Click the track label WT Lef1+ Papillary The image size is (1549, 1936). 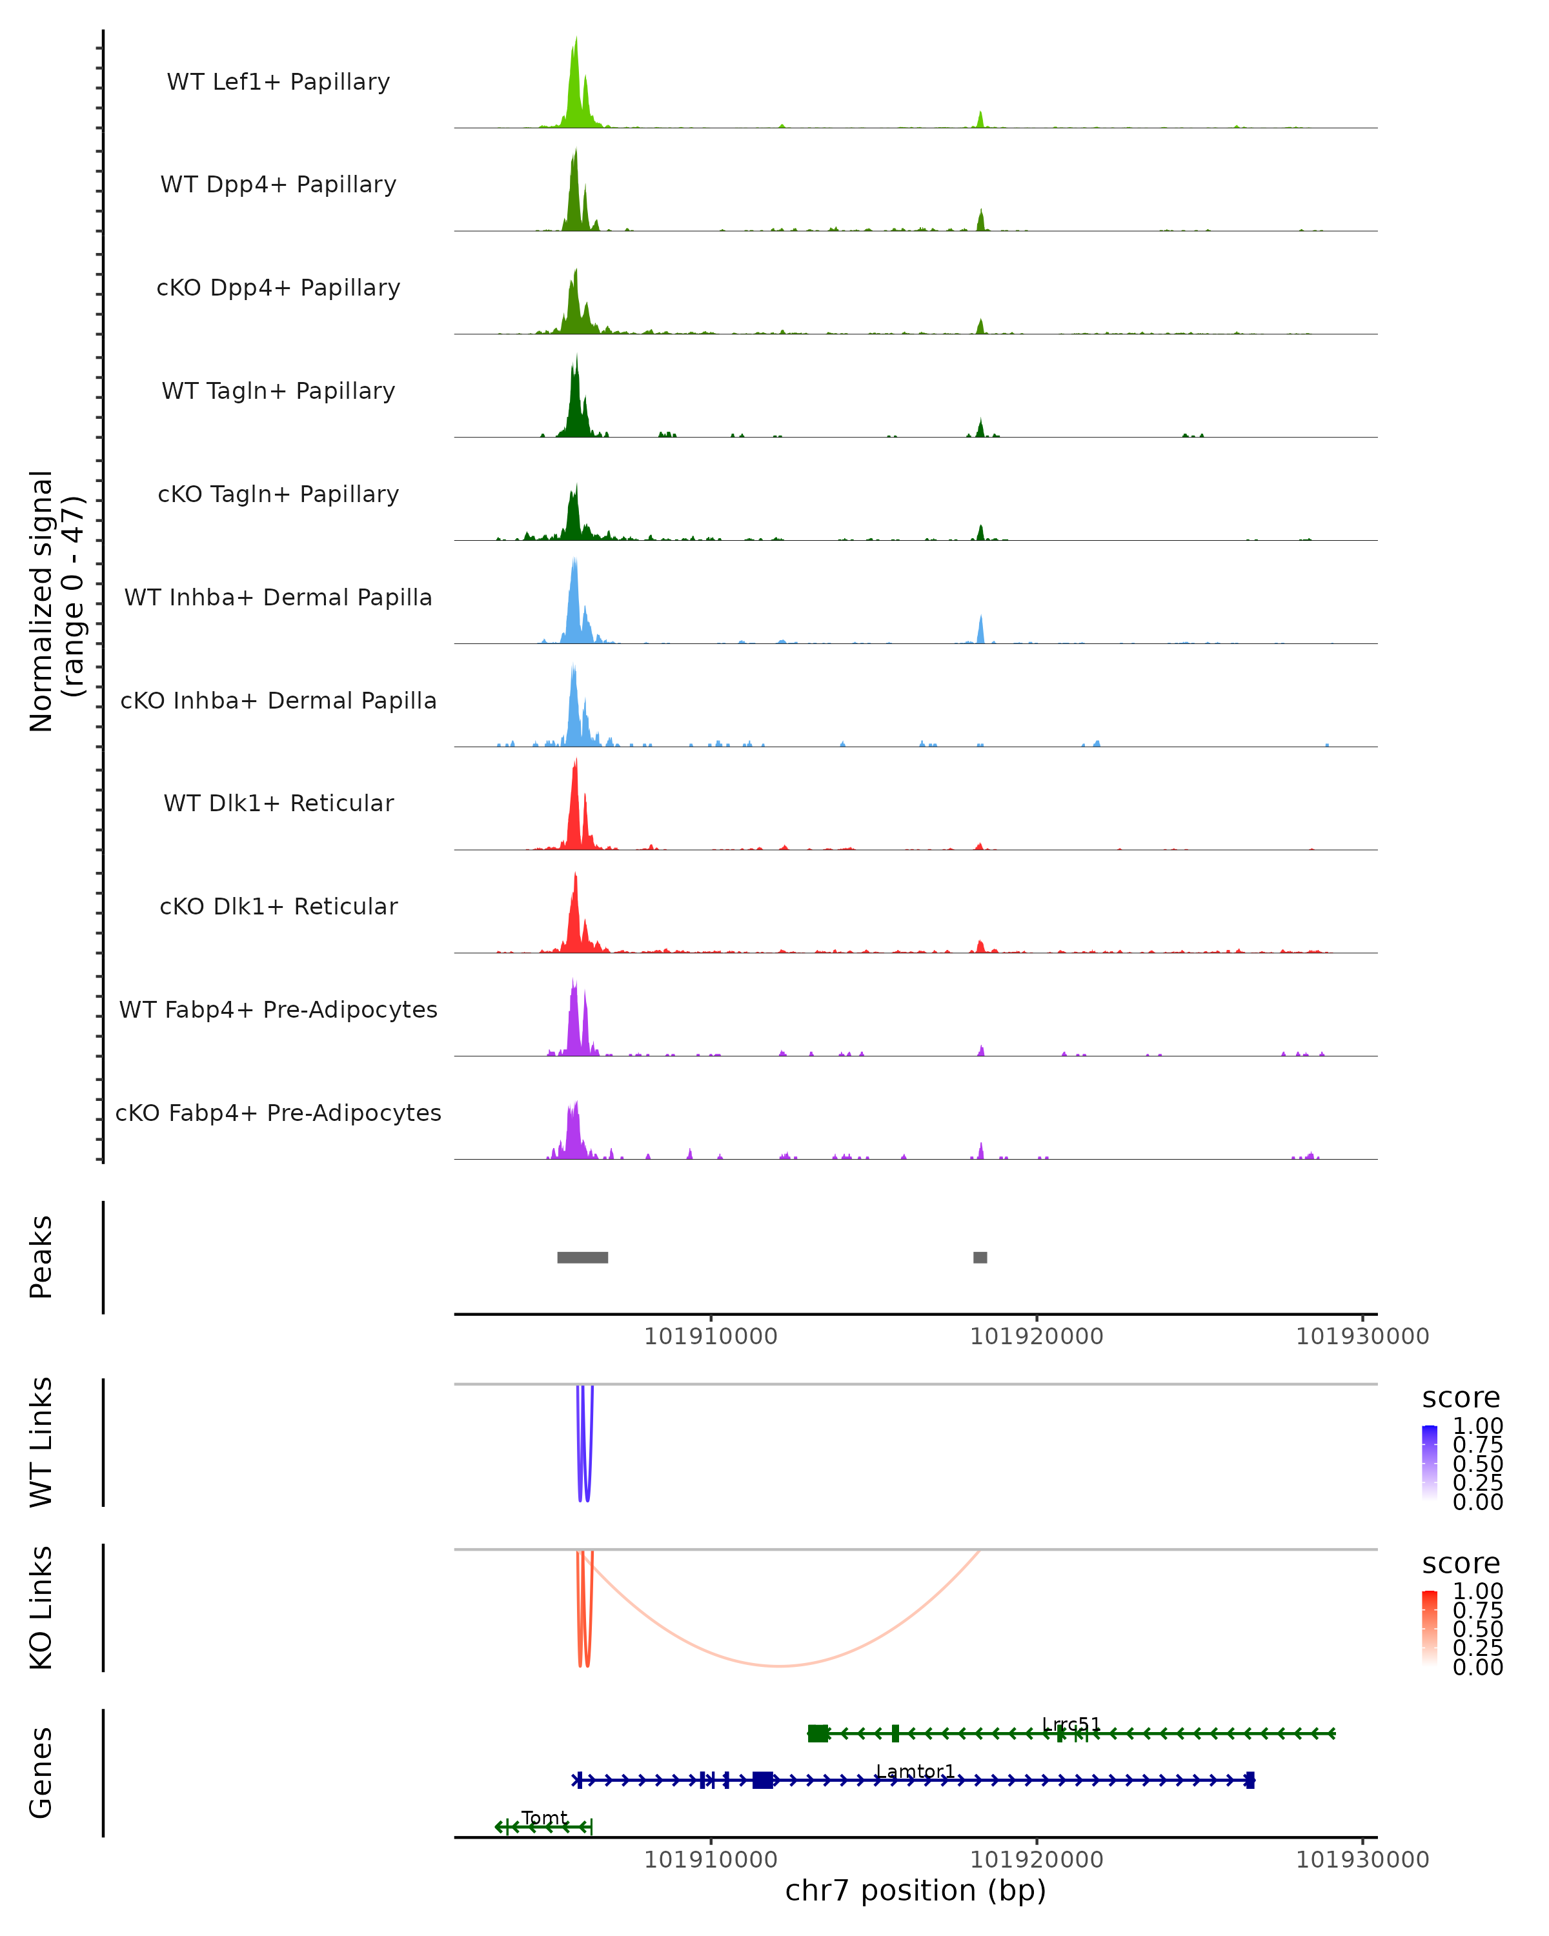278,82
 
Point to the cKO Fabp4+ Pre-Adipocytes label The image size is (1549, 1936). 278,1113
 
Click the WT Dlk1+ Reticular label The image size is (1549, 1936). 278,803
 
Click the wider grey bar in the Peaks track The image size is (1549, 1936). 582,1257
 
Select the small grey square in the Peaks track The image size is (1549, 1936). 980,1257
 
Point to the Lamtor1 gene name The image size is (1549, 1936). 915,1771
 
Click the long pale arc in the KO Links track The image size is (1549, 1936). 780,1666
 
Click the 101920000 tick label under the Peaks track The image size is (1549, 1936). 1037,1336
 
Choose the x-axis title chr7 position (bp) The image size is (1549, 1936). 915,1891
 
